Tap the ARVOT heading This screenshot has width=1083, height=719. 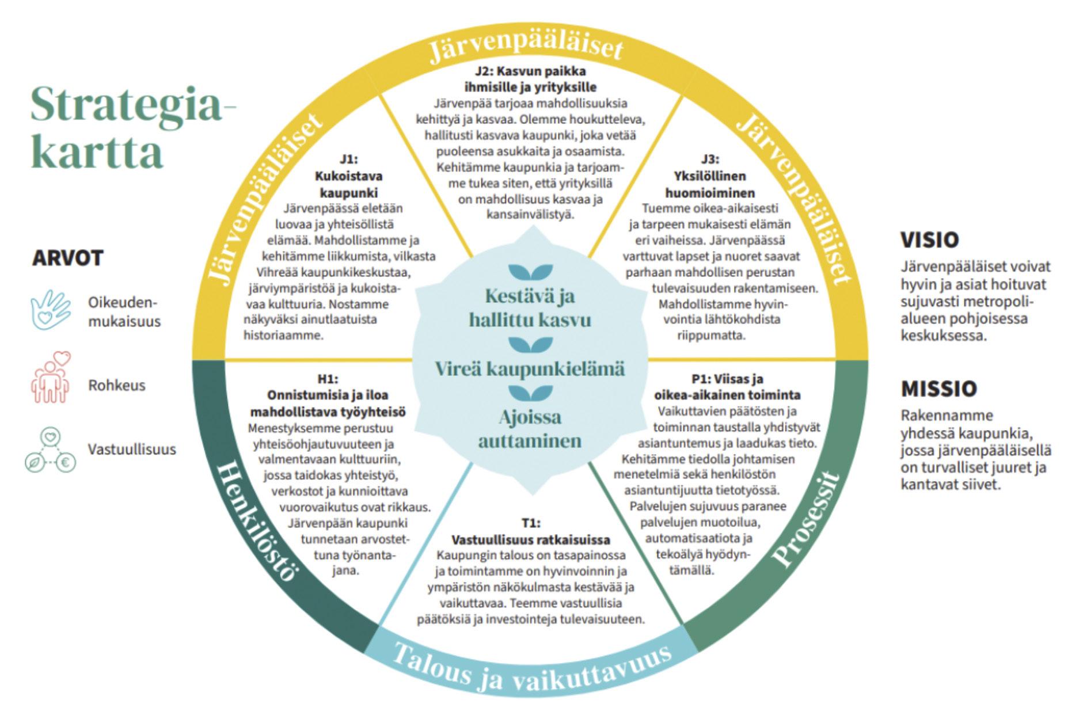click(67, 258)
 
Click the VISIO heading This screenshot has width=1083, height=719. click(930, 239)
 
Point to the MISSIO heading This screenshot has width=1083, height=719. click(939, 389)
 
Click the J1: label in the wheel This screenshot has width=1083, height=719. click(348, 159)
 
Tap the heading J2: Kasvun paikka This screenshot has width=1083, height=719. click(530, 72)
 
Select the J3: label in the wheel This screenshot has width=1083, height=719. click(710, 159)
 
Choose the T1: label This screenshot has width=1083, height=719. click(531, 523)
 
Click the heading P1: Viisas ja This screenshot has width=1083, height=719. click(727, 379)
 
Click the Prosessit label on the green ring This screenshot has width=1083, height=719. click(806, 518)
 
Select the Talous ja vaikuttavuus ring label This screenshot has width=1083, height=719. click(531, 668)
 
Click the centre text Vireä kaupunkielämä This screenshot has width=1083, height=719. click(530, 368)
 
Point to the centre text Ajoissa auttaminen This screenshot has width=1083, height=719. click(530, 429)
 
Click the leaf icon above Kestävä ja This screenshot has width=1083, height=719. click(530, 272)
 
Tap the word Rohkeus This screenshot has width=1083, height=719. click(116, 385)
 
